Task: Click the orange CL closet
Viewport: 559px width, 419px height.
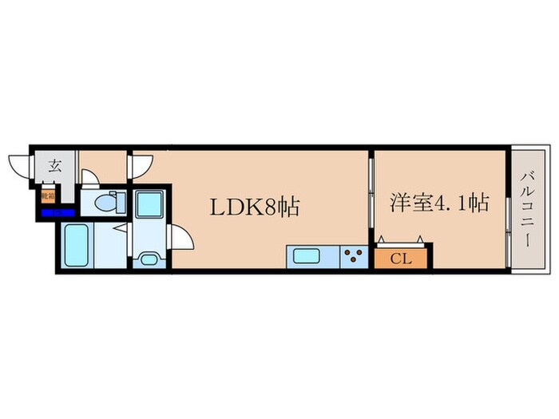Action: point(402,257)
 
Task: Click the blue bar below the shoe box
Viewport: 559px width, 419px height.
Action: point(57,213)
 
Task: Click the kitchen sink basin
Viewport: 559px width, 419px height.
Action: point(307,257)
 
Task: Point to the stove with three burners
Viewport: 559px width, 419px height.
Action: point(354,257)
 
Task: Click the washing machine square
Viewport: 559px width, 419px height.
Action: point(148,204)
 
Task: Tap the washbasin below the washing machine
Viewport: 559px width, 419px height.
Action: point(147,258)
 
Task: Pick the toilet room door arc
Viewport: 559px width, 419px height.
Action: point(89,178)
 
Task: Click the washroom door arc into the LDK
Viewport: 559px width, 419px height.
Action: point(182,238)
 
